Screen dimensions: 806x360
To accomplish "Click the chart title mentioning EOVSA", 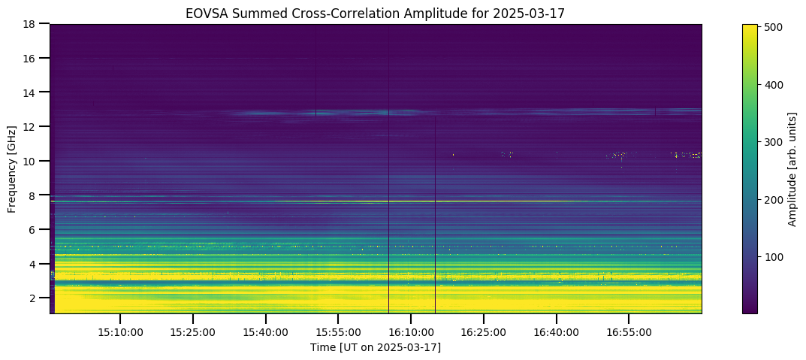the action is coord(376,14).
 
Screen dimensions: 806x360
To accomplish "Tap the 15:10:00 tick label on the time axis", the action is coord(120,332).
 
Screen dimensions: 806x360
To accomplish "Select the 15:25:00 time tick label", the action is coord(193,332).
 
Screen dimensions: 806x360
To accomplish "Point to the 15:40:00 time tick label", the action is coord(266,332).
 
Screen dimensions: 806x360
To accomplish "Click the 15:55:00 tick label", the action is coord(338,332).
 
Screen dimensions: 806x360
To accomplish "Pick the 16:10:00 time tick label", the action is coord(410,332).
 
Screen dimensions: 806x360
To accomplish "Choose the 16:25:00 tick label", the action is coord(483,332).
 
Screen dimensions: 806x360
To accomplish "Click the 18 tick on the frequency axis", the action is coord(35,23).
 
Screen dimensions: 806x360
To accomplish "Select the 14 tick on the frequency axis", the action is coord(35,92).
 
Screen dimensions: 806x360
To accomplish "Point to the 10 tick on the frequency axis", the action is coord(35,161).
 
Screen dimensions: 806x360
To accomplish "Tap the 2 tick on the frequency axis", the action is coord(38,298).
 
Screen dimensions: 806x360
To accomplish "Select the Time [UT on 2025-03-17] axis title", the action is coord(376,348).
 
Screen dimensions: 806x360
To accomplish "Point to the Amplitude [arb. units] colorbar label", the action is coord(792,168).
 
